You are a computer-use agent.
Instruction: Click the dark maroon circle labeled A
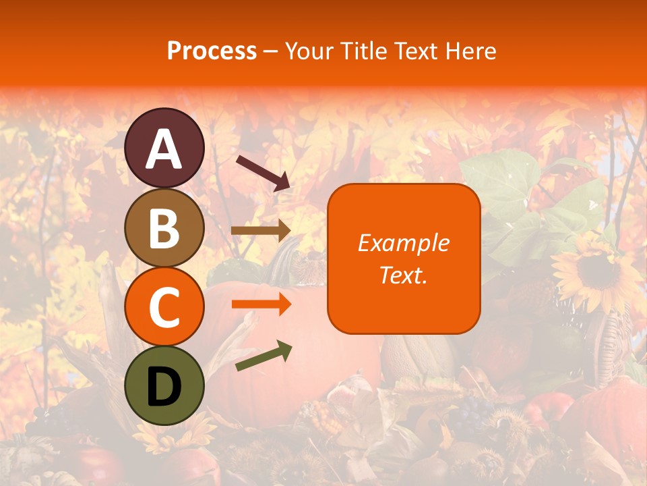164,148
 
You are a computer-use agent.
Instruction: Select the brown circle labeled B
164,227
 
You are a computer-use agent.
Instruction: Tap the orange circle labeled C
164,306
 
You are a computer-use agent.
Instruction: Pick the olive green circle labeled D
164,385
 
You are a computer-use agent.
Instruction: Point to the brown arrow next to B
261,230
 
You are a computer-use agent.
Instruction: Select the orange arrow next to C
261,304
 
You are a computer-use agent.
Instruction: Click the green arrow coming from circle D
264,356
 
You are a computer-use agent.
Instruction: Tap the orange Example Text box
404,259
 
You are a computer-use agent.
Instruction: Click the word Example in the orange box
404,243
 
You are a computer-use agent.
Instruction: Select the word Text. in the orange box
404,275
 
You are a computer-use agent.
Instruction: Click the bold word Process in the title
212,51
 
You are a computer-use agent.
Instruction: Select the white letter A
164,149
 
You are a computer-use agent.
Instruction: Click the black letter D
164,387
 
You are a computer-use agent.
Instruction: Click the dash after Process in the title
271,51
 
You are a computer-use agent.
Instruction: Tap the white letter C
164,308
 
